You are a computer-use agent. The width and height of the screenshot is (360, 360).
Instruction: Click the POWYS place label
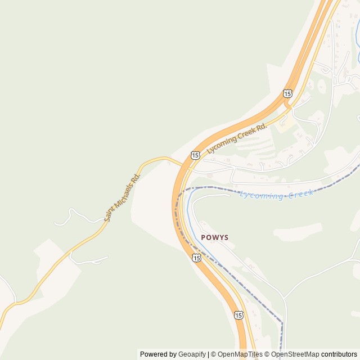[215, 237]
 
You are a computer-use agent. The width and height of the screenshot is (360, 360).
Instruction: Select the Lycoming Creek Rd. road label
[237, 139]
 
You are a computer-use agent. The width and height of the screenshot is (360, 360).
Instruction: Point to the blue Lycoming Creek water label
[276, 195]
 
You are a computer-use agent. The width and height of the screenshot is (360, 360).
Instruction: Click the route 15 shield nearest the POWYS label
[196, 258]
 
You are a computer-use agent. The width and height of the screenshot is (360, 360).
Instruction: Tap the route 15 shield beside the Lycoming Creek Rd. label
[195, 155]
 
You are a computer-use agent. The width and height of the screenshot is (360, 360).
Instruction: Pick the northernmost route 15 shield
[288, 93]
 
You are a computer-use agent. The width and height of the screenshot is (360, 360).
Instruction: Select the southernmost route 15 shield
[239, 315]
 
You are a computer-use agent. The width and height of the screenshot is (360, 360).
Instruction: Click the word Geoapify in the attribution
[192, 354]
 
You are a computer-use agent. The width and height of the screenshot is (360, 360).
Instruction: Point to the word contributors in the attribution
[339, 354]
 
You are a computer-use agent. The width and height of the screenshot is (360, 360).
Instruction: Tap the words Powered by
[158, 354]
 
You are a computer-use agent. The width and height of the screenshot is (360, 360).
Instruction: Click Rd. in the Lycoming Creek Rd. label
[260, 128]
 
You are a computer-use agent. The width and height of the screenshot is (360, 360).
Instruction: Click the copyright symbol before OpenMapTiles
[214, 354]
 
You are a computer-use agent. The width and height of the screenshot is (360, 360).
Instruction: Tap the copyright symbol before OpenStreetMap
[267, 354]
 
